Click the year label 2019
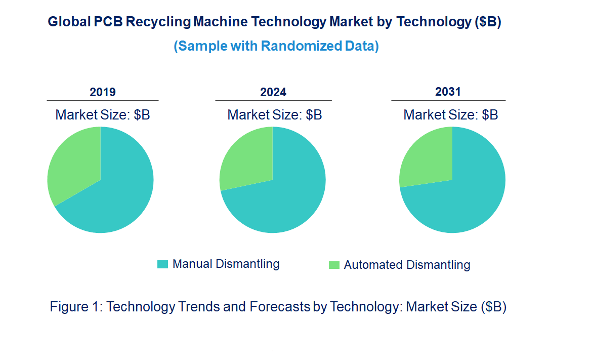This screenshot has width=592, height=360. [x=103, y=92]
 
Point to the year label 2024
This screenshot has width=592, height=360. [x=273, y=92]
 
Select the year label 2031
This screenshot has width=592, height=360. [x=448, y=92]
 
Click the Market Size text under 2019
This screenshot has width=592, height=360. [x=103, y=115]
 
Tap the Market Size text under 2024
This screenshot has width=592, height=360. [x=274, y=115]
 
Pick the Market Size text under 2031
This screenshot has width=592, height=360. [x=450, y=115]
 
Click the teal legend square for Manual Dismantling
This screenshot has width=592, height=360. [x=162, y=264]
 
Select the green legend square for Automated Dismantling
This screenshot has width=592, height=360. [x=334, y=265]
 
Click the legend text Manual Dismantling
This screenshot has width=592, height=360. [x=226, y=264]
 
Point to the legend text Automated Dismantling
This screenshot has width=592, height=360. [x=407, y=265]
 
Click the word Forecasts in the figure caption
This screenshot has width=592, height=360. [x=276, y=307]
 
